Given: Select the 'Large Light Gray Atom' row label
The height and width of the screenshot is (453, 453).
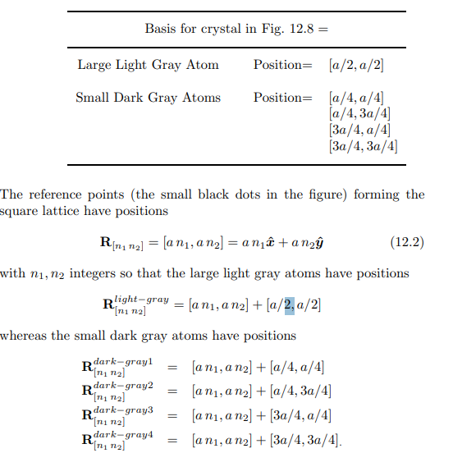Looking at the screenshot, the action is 144,65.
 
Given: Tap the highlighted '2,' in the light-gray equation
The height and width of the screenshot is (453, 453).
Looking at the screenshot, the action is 289,305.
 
